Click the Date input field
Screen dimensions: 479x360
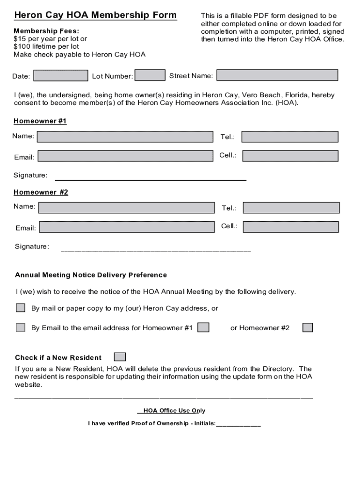point(61,75)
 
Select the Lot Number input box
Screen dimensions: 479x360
point(150,75)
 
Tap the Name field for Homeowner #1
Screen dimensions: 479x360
point(124,137)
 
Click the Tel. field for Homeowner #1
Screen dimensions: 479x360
point(289,137)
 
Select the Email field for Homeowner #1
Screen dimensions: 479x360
point(125,156)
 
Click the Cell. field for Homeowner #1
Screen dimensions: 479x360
point(290,156)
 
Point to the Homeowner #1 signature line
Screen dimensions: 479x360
point(151,179)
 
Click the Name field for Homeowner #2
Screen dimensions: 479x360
point(125,207)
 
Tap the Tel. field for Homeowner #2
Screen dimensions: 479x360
point(291,208)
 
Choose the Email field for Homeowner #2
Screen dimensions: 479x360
point(126,227)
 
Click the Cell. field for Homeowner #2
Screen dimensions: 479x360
point(291,227)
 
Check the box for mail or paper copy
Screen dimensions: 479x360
point(21,308)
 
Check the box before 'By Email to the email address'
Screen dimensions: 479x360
point(21,327)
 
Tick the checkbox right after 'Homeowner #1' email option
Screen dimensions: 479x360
point(203,327)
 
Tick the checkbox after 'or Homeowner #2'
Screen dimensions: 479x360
point(307,327)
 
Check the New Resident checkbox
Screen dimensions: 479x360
point(120,357)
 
